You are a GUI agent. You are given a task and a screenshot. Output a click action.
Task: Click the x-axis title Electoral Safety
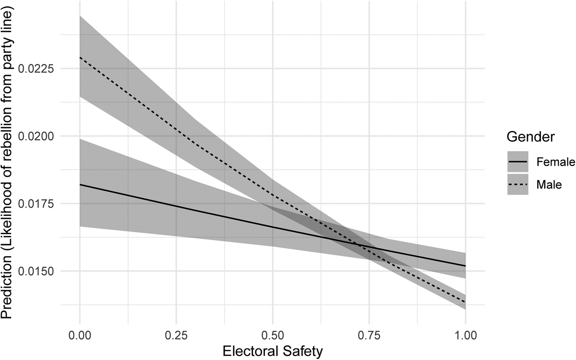pos(273,351)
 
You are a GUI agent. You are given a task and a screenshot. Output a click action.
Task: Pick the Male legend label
pos(549,184)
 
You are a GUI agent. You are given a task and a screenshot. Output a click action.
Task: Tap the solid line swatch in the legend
pos(517,162)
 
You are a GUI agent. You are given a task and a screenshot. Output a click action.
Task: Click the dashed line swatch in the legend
pos(517,184)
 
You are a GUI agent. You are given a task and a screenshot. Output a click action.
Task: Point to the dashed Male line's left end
pos(80,57)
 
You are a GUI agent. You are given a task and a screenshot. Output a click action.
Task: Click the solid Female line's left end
pos(80,185)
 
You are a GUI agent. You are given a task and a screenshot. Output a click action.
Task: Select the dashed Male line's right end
pos(465,302)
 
